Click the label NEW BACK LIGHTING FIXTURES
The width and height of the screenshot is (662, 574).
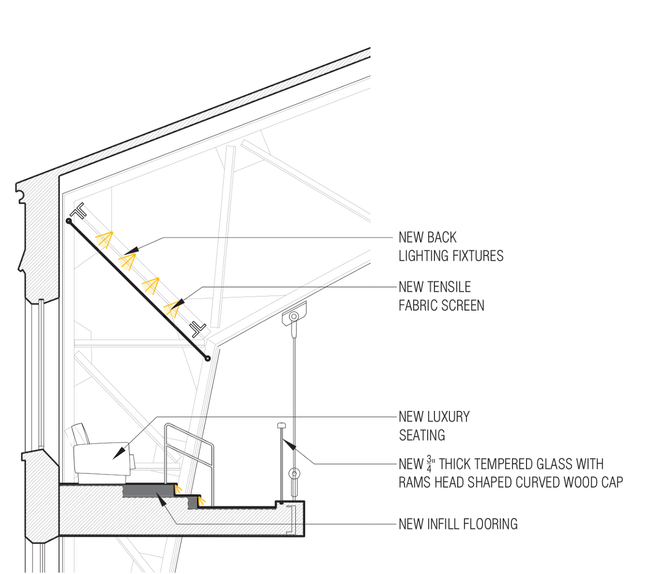coord(450,247)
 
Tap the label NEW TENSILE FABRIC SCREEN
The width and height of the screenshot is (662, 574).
coord(441,296)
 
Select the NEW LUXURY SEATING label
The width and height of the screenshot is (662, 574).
coord(434,426)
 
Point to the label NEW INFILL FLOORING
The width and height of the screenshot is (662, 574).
coord(458,524)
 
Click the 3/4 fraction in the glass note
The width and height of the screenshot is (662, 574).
coord(429,464)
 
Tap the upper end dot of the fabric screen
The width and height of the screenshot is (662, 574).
coord(69,221)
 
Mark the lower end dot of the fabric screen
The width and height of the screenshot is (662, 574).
coord(207,358)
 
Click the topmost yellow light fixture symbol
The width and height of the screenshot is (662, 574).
coord(104,240)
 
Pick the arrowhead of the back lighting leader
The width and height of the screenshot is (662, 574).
coord(132,251)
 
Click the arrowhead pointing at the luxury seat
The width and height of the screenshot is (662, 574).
coord(118,452)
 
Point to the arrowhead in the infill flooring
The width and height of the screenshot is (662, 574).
coord(162,499)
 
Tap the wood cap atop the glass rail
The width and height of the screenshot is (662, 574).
coord(281,425)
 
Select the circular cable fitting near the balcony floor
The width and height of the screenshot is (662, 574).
coord(294,474)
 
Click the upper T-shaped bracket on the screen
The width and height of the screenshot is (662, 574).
coord(79,211)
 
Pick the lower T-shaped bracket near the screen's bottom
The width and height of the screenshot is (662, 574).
coord(198,329)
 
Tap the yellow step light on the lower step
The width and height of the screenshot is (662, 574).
coord(202,501)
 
